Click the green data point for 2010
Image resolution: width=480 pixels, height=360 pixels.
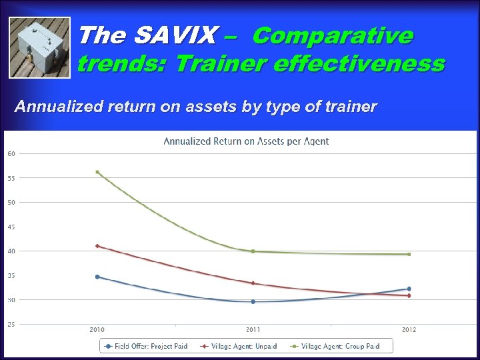point(97,172)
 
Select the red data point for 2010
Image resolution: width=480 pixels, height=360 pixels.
point(97,246)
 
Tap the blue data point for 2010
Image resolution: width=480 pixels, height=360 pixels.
point(97,277)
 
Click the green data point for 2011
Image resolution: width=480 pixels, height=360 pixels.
point(253,251)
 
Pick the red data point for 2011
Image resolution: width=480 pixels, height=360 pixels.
point(253,283)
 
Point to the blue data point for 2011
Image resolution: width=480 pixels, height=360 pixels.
point(253,301)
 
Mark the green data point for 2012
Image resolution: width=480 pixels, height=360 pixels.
point(409,254)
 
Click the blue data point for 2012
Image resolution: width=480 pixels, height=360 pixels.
point(409,289)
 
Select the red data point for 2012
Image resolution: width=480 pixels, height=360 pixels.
point(409,295)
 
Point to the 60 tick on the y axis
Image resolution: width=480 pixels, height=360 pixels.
point(11,153)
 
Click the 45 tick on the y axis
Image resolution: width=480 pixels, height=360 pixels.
point(11,227)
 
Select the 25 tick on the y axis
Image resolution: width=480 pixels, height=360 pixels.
point(11,325)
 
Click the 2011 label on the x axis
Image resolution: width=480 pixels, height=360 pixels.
point(253,330)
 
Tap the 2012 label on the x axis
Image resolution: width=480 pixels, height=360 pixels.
point(409,330)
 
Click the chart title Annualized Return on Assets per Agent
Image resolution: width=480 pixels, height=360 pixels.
point(246,141)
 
